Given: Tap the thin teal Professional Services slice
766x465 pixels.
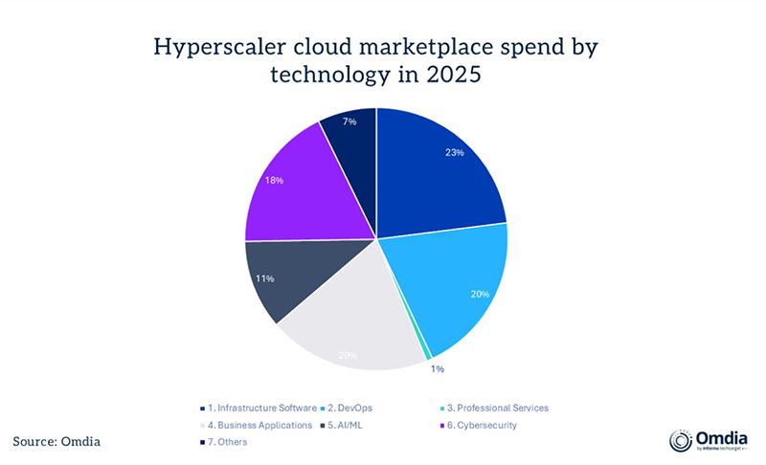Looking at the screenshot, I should (425, 352).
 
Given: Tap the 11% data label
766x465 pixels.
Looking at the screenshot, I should (265, 278).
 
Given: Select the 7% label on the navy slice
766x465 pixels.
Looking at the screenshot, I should (351, 123).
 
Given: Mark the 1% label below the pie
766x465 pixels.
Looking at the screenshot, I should (436, 368).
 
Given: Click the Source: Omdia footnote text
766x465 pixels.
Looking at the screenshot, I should (56, 441).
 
